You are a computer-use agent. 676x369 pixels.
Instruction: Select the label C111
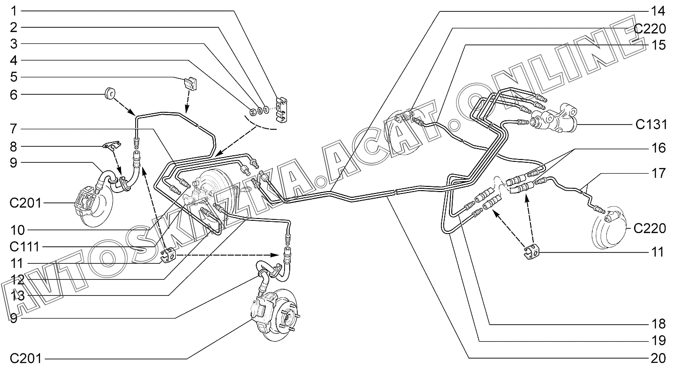(x=27, y=246)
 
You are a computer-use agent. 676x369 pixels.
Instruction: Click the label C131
(x=650, y=125)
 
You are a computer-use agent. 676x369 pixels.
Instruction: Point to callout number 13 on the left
(x=18, y=295)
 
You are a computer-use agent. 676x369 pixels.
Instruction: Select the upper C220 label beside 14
(x=650, y=29)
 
